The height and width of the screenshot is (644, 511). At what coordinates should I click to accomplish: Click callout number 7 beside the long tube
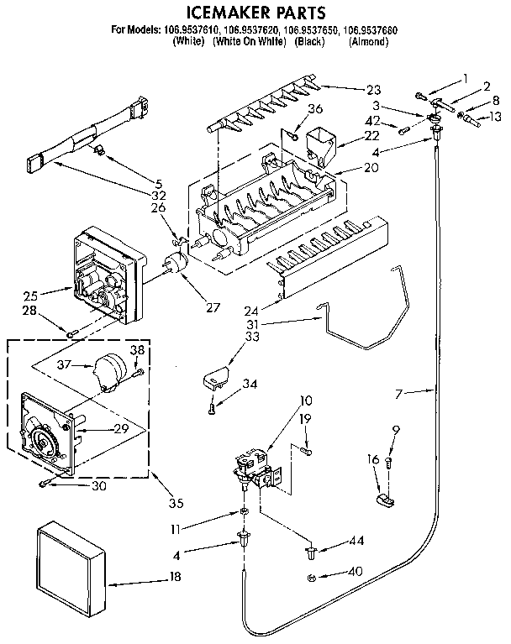[x=403, y=391]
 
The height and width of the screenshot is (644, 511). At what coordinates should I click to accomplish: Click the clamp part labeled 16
[x=382, y=502]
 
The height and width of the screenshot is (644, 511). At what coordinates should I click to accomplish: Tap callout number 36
[x=315, y=108]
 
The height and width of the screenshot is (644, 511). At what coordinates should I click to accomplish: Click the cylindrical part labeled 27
[x=177, y=264]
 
